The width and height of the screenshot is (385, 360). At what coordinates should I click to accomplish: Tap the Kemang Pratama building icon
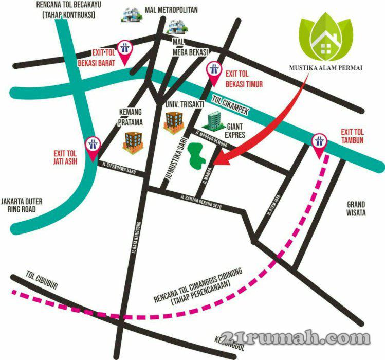tap(134, 141)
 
